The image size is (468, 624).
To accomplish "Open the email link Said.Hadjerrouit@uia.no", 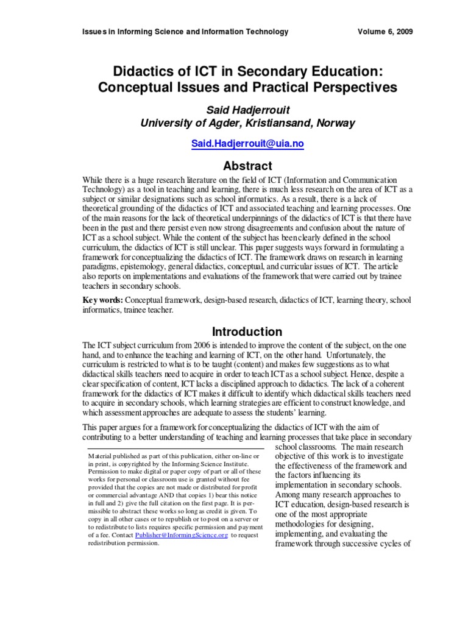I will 246,144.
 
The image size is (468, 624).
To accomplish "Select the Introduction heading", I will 246,331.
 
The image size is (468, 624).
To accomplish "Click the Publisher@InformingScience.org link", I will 182,534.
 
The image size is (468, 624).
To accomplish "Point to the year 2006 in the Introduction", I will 194,345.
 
